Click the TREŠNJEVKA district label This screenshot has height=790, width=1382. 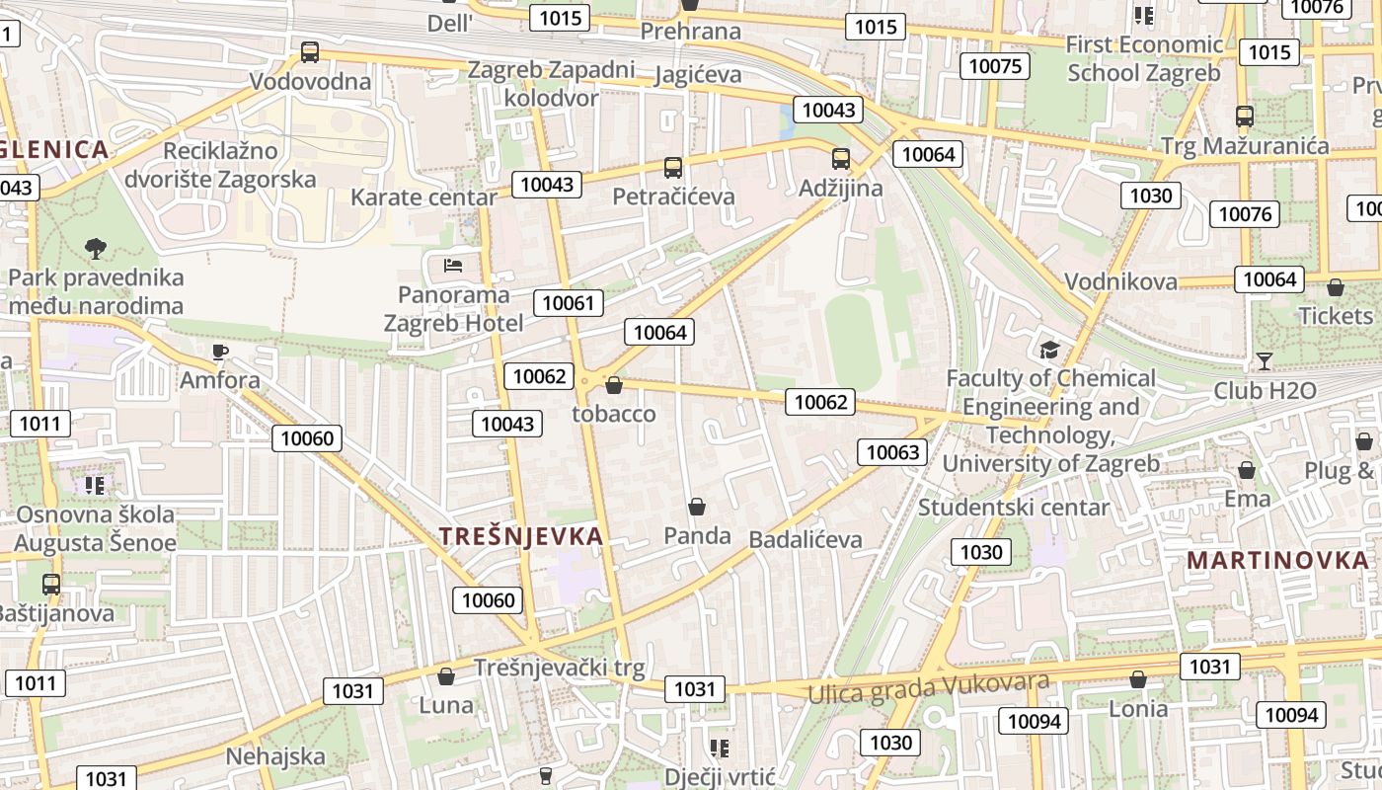click(x=520, y=536)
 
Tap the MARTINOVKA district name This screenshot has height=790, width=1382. click(x=1277, y=560)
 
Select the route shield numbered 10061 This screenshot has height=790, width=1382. click(x=569, y=302)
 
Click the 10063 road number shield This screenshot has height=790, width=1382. click(x=892, y=452)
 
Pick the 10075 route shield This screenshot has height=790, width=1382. click(x=995, y=66)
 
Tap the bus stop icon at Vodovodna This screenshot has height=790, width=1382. click(x=310, y=52)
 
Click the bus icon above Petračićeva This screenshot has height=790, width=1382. click(x=673, y=168)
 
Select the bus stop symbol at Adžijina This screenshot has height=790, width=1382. click(x=841, y=158)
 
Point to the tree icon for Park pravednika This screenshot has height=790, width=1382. click(x=96, y=248)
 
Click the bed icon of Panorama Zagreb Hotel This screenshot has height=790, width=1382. click(x=453, y=265)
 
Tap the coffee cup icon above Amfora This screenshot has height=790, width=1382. click(x=220, y=351)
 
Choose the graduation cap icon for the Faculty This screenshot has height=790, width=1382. click(x=1049, y=350)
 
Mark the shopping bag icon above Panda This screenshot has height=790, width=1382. click(x=697, y=507)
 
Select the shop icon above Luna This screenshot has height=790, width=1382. click(x=446, y=676)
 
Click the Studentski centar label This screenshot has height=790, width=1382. click(x=1014, y=507)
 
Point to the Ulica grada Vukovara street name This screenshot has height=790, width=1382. click(x=928, y=687)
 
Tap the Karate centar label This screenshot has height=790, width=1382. click(x=423, y=197)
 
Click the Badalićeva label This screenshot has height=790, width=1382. click(x=806, y=539)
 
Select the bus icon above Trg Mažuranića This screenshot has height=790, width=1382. click(x=1244, y=117)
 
